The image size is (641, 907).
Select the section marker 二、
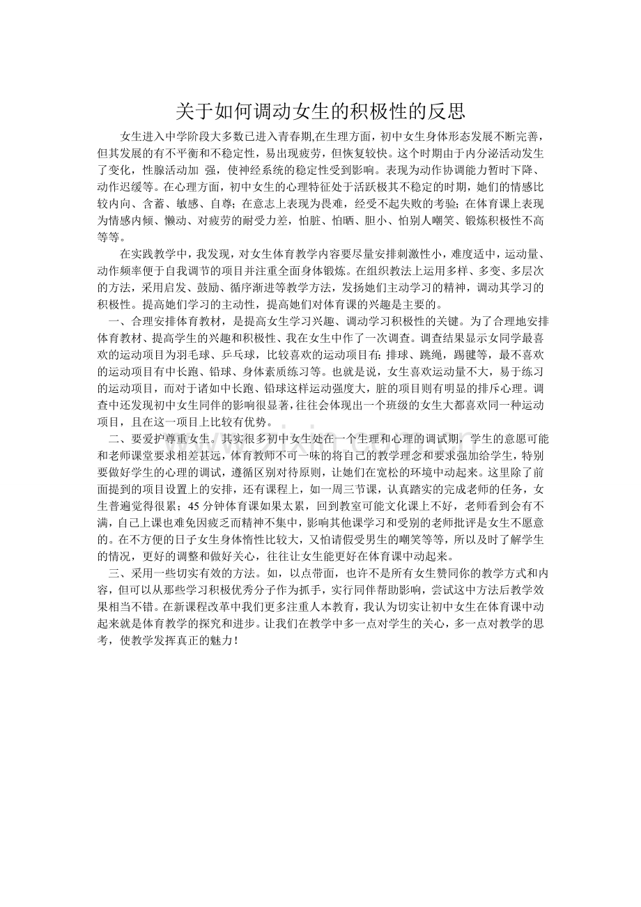pos(118,439)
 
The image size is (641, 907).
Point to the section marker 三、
pos(118,574)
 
